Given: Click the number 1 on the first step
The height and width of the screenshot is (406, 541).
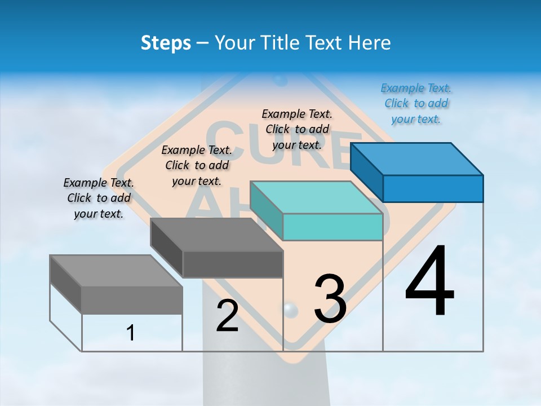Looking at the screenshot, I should [131, 333].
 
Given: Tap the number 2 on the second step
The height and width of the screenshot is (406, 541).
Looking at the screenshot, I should [227, 316].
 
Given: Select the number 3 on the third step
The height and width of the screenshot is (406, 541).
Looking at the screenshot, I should [330, 299].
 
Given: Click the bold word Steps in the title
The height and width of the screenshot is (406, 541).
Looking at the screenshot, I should [166, 43].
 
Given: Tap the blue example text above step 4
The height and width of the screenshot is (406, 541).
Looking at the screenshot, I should [416, 103].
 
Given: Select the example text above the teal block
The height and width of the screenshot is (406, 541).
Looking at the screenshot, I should [297, 129].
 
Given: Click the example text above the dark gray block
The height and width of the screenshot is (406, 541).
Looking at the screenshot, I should [196, 165].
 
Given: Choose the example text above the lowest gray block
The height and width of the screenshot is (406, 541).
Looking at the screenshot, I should [99, 198].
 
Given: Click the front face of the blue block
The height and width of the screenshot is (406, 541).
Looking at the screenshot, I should [433, 188].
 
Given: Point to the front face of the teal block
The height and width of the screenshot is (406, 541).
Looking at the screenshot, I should [332, 227].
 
